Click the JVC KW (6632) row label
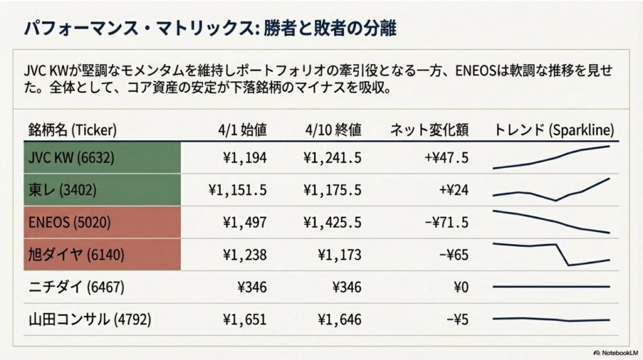(71, 157)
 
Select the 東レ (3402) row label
(63, 189)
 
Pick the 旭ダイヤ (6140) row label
(72, 254)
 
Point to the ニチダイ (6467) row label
(77, 287)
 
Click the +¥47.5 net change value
(446, 157)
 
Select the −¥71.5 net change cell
(447, 222)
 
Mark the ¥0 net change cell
(460, 287)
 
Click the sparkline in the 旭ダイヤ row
(551, 254)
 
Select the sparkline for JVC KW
(551, 157)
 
